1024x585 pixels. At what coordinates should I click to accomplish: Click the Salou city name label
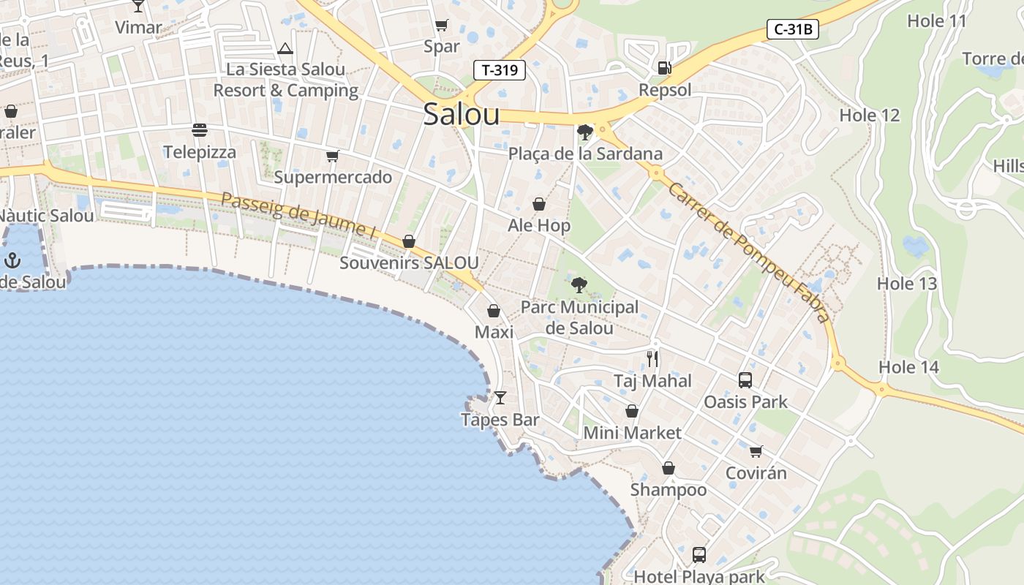point(462,115)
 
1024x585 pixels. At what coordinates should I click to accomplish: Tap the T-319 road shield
point(500,70)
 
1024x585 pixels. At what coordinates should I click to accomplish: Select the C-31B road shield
point(792,30)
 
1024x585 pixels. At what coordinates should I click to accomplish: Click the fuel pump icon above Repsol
point(664,68)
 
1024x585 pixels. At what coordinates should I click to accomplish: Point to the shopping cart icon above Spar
point(442,26)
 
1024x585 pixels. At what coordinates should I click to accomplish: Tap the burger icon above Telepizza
point(200,130)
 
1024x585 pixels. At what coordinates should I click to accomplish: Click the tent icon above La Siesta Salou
point(285,48)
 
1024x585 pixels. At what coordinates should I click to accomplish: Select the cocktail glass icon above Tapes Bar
point(500,398)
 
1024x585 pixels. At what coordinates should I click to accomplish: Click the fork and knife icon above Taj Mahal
point(652,358)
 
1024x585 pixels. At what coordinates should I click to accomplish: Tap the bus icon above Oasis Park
point(745,380)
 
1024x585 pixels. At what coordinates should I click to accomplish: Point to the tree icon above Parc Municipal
point(579,285)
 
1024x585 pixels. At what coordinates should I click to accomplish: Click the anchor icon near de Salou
point(12,260)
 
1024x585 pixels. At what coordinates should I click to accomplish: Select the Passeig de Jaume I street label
point(298,216)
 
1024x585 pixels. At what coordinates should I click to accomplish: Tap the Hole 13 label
point(907,284)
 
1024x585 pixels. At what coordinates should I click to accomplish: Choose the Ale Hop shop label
point(539,226)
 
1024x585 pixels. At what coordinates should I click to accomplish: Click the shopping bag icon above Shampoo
point(669,468)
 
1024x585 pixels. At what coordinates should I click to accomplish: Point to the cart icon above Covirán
point(756,451)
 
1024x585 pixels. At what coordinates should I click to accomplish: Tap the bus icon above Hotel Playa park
point(699,554)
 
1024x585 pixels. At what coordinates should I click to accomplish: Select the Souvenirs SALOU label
point(409,263)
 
